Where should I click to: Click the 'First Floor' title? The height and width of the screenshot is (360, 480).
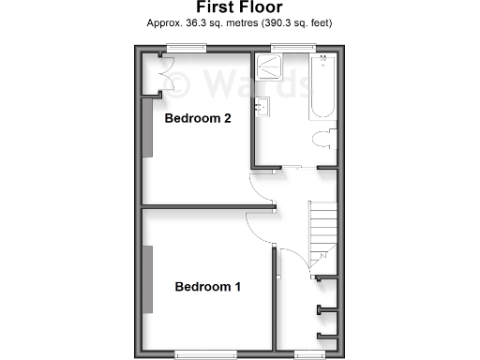coord(240,7)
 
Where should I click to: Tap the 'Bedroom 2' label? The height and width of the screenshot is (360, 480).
coord(198,119)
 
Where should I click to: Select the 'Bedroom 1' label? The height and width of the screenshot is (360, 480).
coord(208,287)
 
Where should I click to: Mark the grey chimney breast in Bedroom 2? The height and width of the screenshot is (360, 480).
coord(146,127)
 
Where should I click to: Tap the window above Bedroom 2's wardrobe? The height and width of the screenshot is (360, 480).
coord(181,48)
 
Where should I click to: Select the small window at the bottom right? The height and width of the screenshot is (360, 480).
coord(308,353)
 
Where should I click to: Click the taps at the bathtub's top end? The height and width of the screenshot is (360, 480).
coord(322,60)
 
